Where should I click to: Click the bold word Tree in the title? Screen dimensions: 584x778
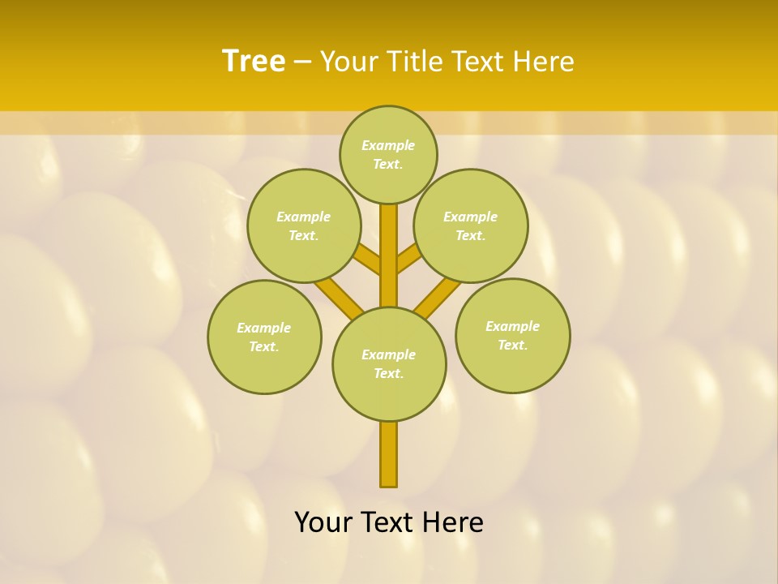tap(254, 61)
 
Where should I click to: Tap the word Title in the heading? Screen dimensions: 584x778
tap(414, 61)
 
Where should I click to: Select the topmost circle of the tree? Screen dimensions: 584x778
tap(388, 154)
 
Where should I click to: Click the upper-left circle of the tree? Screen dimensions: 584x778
tap(304, 225)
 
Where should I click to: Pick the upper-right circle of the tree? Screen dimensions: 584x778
tap(471, 225)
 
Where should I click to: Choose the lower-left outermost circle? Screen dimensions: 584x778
tap(264, 337)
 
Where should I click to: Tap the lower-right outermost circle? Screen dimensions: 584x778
tap(513, 335)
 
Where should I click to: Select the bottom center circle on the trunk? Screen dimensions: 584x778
tap(389, 363)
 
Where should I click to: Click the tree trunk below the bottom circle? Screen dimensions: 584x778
tap(389, 454)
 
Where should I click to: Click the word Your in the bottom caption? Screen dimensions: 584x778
tap(324, 522)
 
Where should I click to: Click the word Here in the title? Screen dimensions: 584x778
tap(544, 61)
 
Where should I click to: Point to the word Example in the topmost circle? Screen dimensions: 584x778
tap(388, 145)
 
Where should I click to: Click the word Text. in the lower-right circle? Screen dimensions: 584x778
tap(512, 345)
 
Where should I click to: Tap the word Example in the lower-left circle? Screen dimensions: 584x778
tap(263, 328)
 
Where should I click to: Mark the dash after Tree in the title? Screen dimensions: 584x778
tap(303, 62)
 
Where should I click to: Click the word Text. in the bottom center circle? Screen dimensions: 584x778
tap(388, 373)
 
